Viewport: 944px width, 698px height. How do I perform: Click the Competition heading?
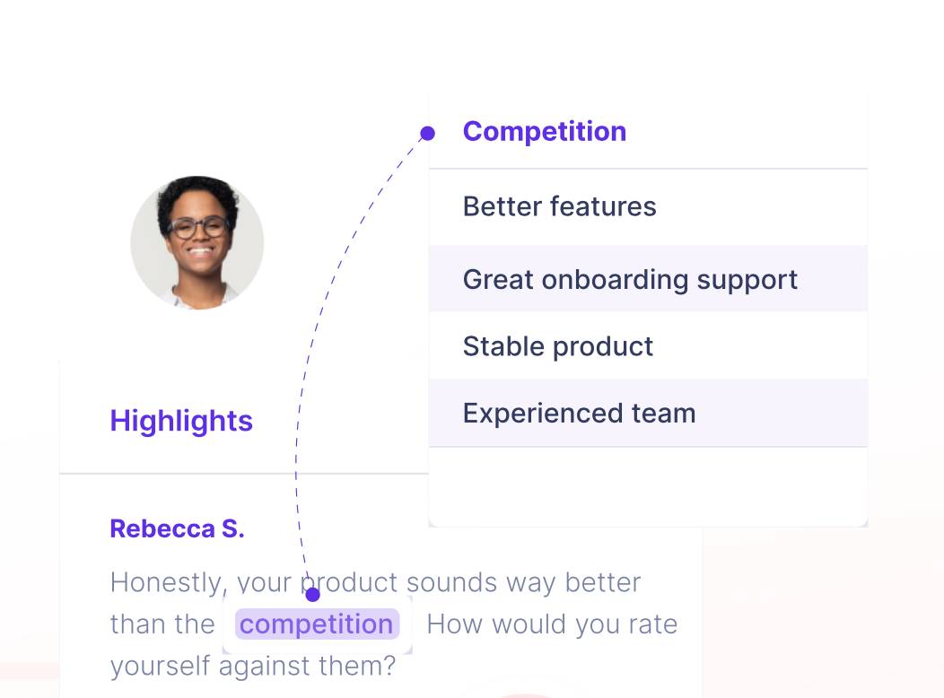(x=545, y=132)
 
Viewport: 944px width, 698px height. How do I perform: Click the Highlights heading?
(x=181, y=421)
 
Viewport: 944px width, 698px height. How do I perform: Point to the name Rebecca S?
(x=177, y=529)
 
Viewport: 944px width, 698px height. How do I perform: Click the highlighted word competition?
(x=317, y=624)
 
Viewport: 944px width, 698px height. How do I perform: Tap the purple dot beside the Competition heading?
(x=427, y=133)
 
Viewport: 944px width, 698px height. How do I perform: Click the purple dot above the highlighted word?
(x=312, y=595)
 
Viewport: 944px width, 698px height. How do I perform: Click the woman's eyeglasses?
(x=198, y=228)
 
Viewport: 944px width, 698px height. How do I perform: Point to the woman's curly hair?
(x=197, y=196)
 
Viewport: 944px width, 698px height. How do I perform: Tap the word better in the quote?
(x=603, y=582)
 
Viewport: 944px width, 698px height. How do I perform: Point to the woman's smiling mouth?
(x=200, y=250)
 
